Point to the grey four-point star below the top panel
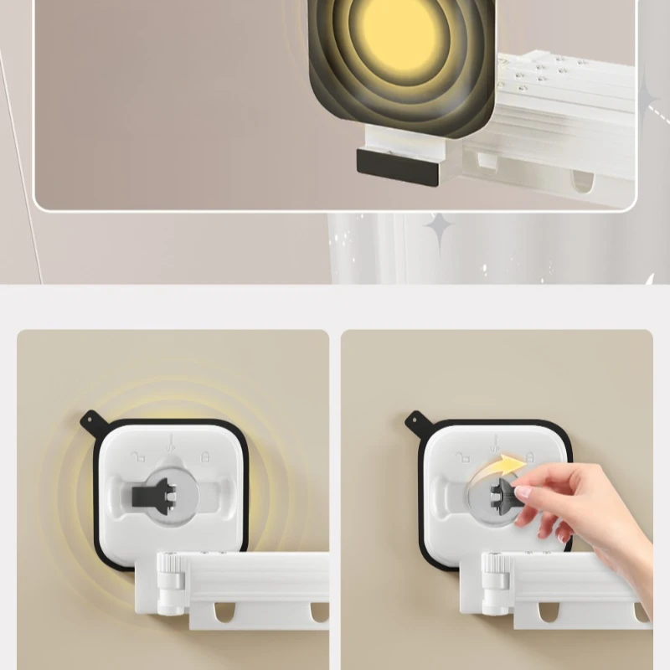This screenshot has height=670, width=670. tap(438, 226)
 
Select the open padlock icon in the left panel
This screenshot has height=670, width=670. tap(140, 456)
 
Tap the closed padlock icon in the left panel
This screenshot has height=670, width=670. tap(206, 456)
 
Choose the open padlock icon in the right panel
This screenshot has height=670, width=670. tap(463, 456)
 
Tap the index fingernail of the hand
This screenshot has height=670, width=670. tap(523, 493)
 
